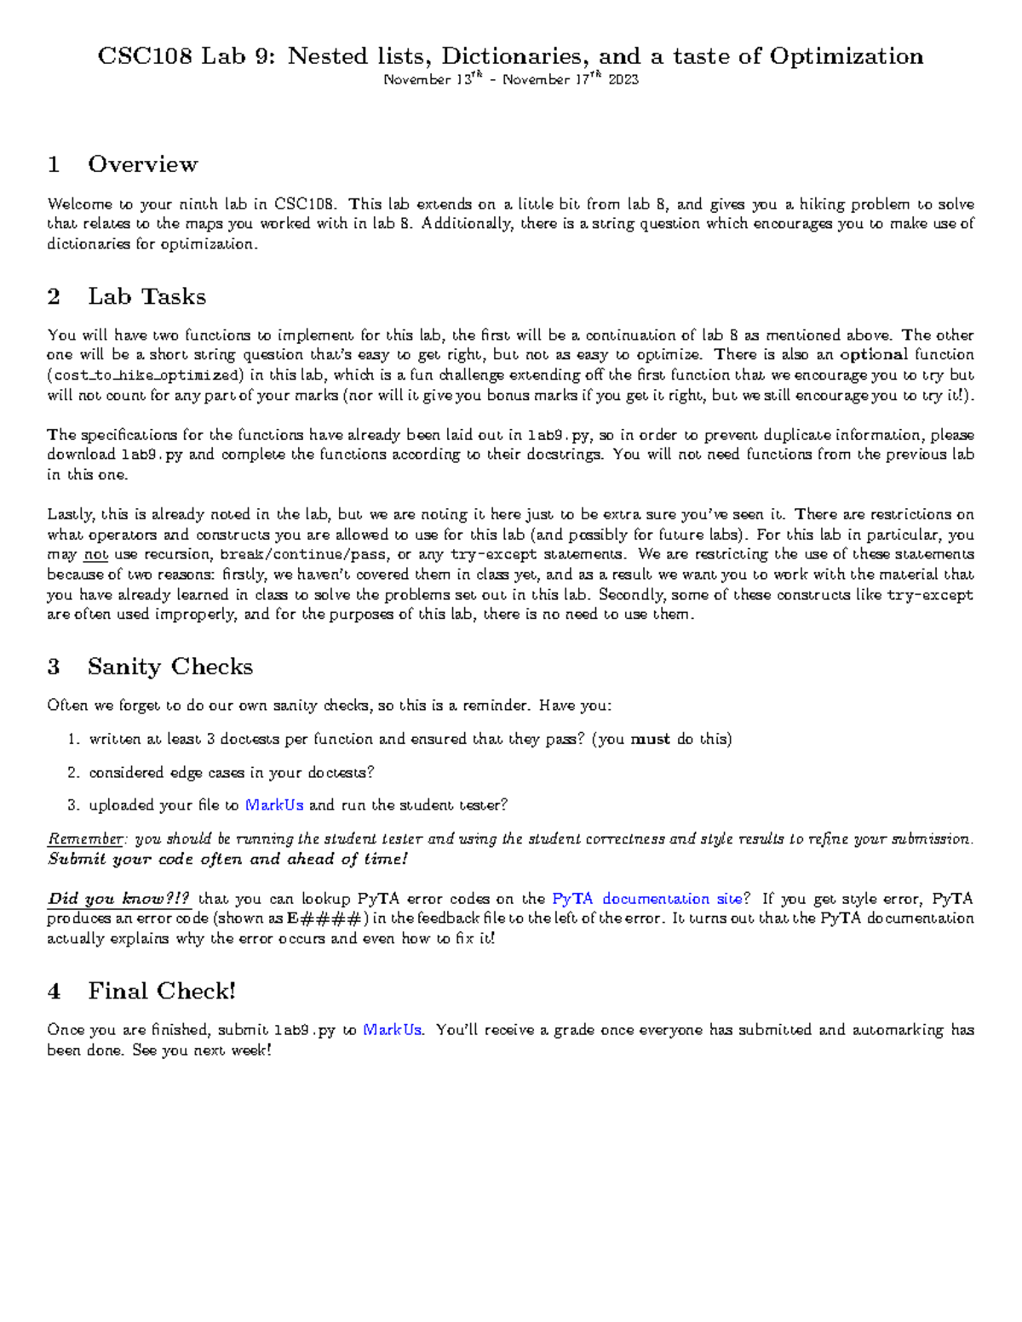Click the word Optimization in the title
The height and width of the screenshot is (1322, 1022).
[x=846, y=56]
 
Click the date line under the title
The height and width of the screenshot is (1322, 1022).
[x=511, y=80]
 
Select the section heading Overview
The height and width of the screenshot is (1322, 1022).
[x=142, y=164]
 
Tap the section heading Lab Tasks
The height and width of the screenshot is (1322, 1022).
[x=146, y=296]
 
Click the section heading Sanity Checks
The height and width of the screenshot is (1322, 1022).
[x=169, y=667]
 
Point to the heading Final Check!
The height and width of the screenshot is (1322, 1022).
[x=162, y=991]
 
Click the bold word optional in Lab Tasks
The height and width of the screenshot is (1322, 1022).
[x=873, y=355]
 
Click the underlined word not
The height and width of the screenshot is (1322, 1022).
[x=95, y=555]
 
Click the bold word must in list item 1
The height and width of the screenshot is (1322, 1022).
[x=650, y=739]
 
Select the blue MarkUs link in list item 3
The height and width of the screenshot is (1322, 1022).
[x=274, y=805]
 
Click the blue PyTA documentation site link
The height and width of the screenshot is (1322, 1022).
[x=647, y=899]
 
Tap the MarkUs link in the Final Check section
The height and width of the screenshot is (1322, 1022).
[x=392, y=1030]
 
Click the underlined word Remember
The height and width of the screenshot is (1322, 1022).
[x=85, y=839]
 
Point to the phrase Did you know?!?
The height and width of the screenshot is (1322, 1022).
[x=118, y=899]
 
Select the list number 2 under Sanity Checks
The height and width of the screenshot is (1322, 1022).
[x=73, y=773]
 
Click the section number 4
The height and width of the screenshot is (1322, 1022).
[x=55, y=992]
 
